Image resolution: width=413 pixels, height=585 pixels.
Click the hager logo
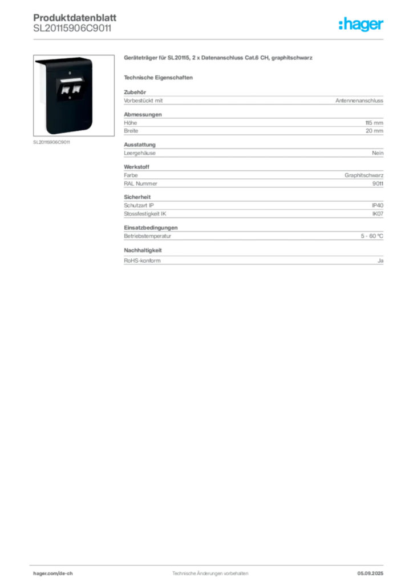tap(361, 24)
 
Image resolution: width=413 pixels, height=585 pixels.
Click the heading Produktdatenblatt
tap(75, 18)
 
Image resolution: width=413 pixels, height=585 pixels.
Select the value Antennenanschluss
tap(359, 101)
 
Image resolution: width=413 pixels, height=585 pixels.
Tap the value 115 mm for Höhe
tap(374, 123)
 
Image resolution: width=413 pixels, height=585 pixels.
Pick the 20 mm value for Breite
tap(374, 131)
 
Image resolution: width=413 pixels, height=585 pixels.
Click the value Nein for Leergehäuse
tap(378, 153)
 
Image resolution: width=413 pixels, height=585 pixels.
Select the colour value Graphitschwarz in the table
tap(364, 175)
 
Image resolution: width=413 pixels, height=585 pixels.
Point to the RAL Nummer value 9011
tap(378, 183)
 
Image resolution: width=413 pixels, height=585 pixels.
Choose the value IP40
tap(378, 206)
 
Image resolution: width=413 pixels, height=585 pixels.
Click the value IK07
tap(378, 214)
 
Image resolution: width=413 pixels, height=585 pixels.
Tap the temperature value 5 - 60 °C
tap(372, 236)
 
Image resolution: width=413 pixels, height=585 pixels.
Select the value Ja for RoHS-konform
tap(380, 261)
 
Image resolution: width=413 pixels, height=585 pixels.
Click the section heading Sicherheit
tap(137, 197)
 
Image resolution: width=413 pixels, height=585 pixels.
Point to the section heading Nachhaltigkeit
tap(143, 250)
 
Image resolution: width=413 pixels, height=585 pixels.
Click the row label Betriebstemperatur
tap(148, 236)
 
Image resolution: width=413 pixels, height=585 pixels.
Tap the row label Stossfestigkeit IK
tap(145, 214)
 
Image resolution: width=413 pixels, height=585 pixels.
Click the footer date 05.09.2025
tap(370, 574)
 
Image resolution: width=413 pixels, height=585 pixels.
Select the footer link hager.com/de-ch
tap(53, 574)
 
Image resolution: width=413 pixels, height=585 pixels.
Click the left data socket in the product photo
tap(66, 90)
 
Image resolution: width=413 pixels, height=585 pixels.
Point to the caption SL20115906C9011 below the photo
tap(51, 142)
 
